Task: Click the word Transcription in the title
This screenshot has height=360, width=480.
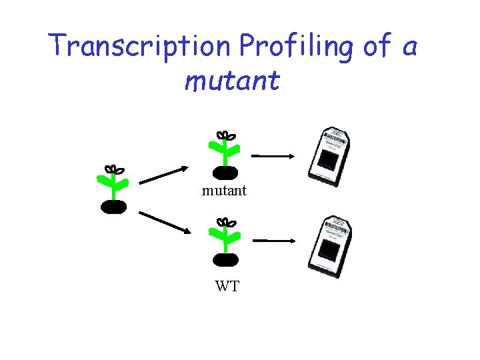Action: click(x=141, y=45)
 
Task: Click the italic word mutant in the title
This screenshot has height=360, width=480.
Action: click(x=233, y=81)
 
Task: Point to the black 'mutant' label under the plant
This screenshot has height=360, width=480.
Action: click(x=225, y=191)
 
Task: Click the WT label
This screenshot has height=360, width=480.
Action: click(x=227, y=287)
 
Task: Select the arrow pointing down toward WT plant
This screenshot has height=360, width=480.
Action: click(x=164, y=222)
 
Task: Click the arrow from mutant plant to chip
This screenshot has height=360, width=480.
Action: click(x=273, y=156)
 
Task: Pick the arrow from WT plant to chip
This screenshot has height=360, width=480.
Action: click(x=273, y=240)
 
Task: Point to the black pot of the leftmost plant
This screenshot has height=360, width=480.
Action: click(x=114, y=207)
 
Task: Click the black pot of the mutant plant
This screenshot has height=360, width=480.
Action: click(x=225, y=173)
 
